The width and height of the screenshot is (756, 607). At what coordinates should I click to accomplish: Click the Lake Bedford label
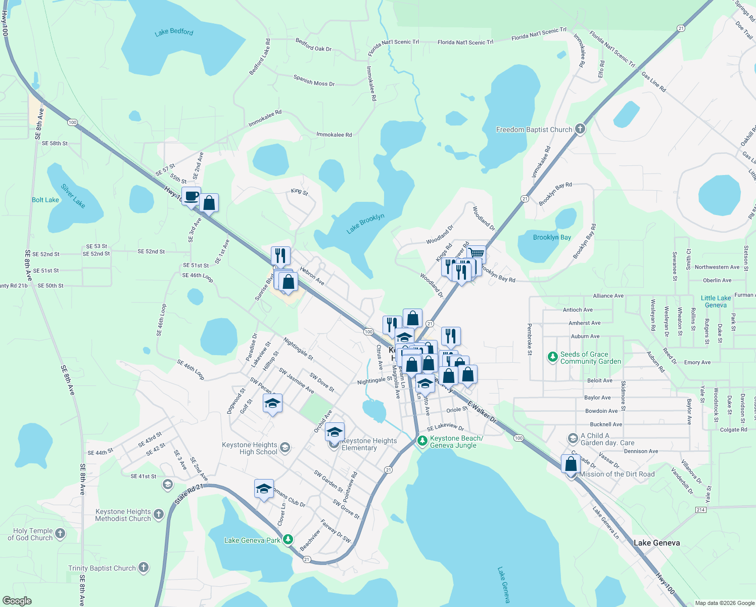point(174,32)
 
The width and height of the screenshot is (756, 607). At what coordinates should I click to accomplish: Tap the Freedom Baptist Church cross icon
point(580,129)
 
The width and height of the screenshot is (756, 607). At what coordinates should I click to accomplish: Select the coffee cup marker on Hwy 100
point(191,196)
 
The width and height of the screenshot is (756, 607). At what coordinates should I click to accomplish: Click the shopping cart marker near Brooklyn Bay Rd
point(476,253)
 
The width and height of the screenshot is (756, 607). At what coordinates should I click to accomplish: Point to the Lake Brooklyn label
point(365,224)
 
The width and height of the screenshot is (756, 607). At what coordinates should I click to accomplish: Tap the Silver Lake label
point(73,196)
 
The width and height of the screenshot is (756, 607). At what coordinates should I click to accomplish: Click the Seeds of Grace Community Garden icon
point(553,357)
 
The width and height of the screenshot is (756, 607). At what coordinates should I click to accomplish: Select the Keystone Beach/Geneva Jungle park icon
point(422,441)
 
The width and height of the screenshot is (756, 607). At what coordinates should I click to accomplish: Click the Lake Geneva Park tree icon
point(288,540)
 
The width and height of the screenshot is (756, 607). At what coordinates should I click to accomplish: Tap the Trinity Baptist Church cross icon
point(144,568)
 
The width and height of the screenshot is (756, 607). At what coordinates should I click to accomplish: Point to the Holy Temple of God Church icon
point(60,534)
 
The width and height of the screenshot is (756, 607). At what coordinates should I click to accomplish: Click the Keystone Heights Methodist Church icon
point(159,514)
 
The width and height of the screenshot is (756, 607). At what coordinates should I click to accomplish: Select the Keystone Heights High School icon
point(285,447)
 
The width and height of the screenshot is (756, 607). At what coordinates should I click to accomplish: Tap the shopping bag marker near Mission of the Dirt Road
point(571,463)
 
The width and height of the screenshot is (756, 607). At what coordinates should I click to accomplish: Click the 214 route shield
point(700,509)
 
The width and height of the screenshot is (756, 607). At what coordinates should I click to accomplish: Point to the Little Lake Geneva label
point(716,301)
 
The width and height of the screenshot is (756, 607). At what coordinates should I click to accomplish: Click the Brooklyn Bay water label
point(552,237)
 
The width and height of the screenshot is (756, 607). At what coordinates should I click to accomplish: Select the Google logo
point(17,601)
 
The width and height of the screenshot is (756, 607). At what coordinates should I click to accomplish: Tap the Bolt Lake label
point(45,200)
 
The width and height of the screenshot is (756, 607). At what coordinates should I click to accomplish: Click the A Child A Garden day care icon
point(573,438)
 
